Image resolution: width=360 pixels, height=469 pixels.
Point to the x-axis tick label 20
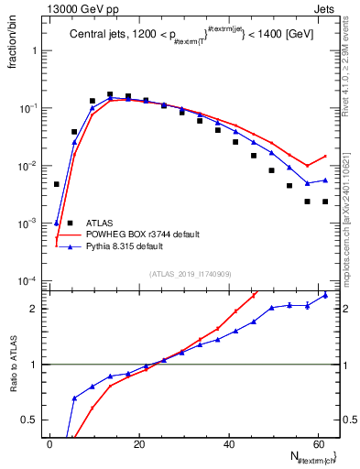138,444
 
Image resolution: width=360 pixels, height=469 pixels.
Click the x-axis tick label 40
228,444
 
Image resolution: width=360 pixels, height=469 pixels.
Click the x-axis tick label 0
49,444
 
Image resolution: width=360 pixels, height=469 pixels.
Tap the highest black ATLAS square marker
110,94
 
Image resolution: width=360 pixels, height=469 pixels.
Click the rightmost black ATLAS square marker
325,202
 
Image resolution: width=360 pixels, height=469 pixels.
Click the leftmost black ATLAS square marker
57,184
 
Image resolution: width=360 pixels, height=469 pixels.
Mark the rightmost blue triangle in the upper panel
325,180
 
